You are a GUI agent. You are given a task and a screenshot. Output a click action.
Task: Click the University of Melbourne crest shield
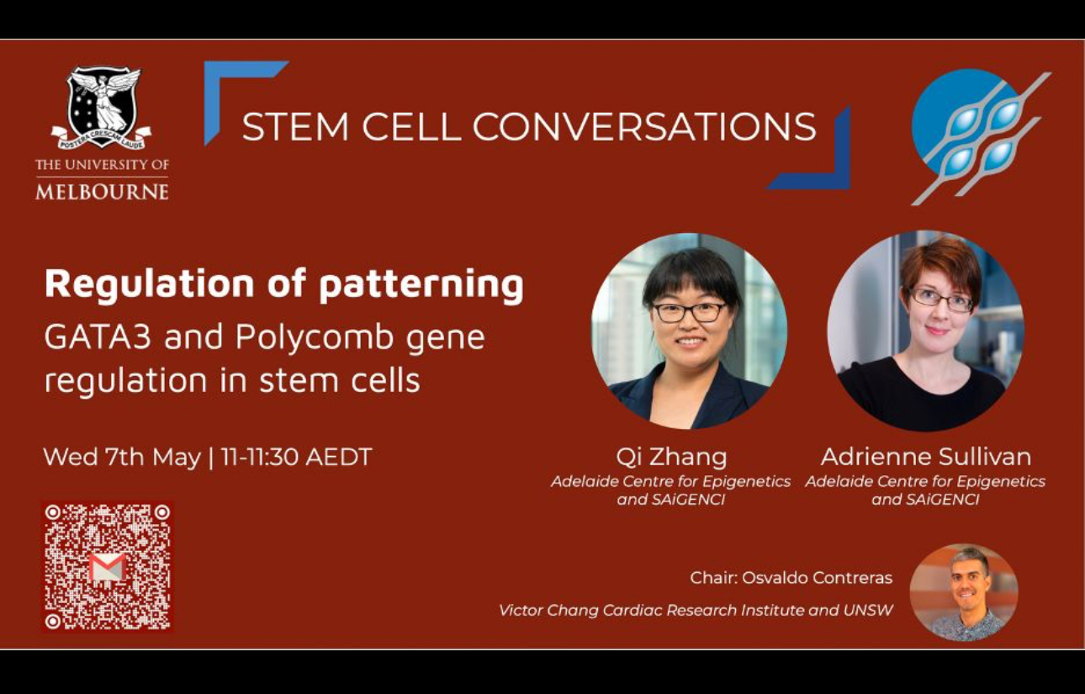click(102, 108)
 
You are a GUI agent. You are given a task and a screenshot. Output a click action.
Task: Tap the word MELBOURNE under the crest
click(102, 193)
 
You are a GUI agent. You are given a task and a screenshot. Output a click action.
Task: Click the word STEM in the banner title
click(295, 127)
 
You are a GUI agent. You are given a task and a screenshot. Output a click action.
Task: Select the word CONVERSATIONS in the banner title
click(645, 127)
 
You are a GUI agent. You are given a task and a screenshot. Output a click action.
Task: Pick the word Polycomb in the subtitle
click(315, 337)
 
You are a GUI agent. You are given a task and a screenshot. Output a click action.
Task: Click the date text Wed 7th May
click(122, 457)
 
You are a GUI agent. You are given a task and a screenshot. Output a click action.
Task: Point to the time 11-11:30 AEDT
click(296, 457)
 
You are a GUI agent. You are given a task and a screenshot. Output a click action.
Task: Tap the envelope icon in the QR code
click(108, 567)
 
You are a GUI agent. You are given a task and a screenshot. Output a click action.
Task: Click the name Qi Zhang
click(671, 457)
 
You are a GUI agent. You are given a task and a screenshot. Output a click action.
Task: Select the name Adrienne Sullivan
click(926, 457)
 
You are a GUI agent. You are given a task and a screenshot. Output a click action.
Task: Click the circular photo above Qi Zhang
click(689, 331)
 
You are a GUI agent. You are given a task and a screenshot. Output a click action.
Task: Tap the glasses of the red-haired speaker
click(940, 300)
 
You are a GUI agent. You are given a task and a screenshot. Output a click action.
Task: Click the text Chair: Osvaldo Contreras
click(791, 578)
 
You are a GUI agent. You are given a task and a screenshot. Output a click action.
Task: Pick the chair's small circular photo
click(964, 592)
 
